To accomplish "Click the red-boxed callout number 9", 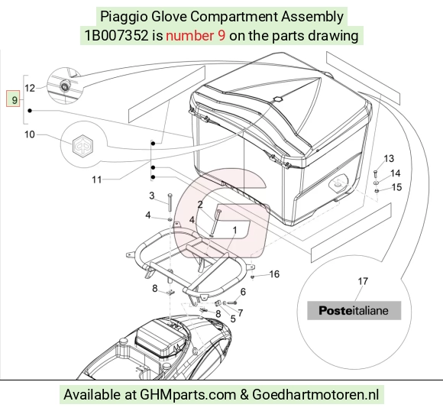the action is (13, 99).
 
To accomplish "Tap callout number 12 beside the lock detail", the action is (30, 88).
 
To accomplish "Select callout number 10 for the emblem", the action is (30, 134).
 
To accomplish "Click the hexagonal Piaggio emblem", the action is (82, 146).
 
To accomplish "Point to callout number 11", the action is (97, 180).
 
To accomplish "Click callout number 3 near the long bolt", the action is (152, 196).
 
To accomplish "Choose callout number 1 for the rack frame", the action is (234, 231).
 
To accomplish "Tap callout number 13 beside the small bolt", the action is (389, 159).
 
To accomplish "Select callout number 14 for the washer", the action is (395, 173).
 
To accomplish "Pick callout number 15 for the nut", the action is (397, 187).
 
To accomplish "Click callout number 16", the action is (274, 274).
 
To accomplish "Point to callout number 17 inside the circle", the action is (363, 281).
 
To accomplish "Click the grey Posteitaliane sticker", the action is (354, 310).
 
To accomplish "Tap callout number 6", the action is (243, 292).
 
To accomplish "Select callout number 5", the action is (233, 319).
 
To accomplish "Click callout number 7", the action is (240, 313).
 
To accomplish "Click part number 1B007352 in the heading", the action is (116, 36).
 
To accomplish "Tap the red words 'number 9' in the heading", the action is (196, 36).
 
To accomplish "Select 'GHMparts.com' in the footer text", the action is (188, 395).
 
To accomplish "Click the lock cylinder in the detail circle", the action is (65, 85).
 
